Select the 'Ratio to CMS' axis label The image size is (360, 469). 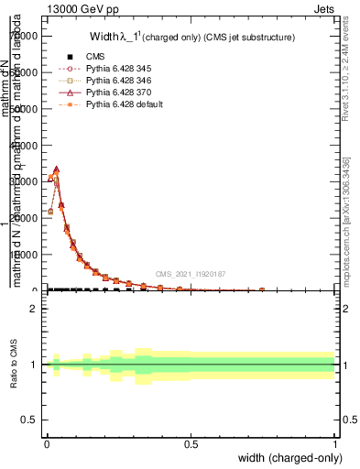pos(14,365)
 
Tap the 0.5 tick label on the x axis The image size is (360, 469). pos(191,442)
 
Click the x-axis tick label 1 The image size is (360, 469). pos(334,442)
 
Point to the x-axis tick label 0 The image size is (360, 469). pos(47,442)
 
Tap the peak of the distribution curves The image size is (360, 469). pos(57,170)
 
